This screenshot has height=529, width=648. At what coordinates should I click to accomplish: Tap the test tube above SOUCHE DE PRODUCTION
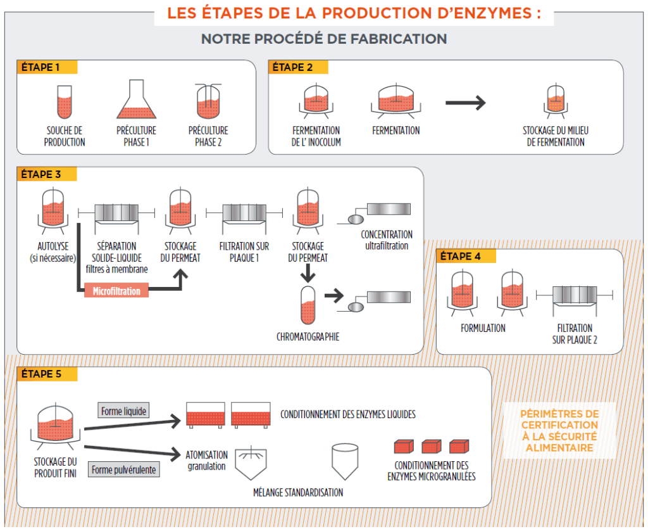click(x=64, y=103)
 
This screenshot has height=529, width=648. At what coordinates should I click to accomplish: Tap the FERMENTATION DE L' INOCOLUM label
click(x=316, y=136)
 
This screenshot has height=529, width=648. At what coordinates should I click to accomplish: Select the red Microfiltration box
click(x=116, y=291)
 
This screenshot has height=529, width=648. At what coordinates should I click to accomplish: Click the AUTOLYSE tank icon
click(x=52, y=210)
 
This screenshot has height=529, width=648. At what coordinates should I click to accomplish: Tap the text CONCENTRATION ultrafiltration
click(x=386, y=240)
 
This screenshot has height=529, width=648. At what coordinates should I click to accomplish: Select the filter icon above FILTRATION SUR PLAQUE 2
click(x=575, y=295)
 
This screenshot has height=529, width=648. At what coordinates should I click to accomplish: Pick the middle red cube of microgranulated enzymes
click(x=431, y=447)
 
